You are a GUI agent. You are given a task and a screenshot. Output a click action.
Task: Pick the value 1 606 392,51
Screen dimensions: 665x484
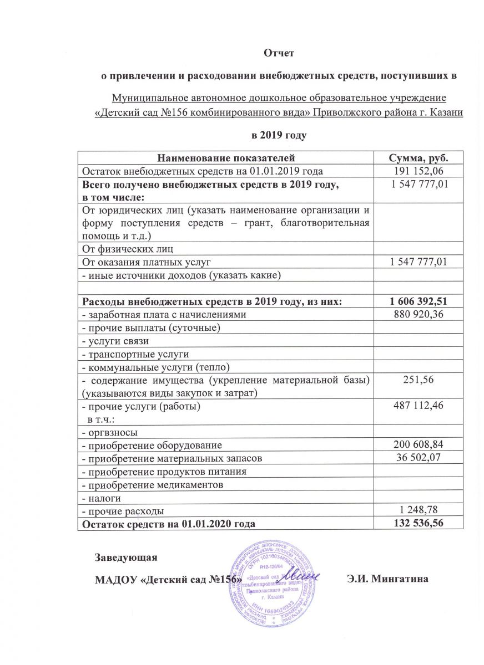click(419, 301)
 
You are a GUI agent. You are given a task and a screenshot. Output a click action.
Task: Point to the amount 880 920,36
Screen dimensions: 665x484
click(419, 315)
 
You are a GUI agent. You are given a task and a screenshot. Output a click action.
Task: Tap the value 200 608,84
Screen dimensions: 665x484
click(419, 445)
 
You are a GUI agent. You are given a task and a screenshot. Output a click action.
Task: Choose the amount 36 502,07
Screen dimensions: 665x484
click(419, 458)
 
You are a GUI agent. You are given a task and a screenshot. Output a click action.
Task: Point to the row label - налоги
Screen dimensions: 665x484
click(100, 497)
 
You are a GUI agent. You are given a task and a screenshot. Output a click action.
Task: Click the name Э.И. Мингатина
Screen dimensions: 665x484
click(387, 580)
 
